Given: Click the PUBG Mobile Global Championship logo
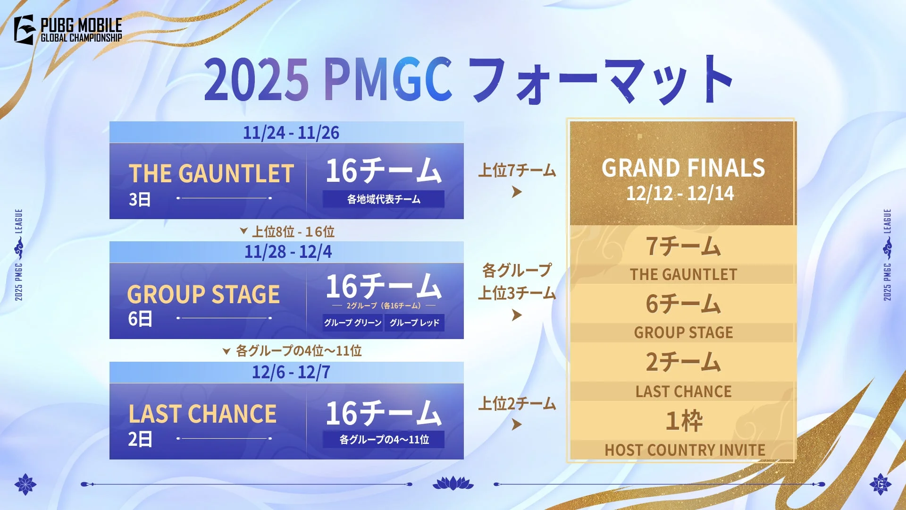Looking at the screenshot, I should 68,30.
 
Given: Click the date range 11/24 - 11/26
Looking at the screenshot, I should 291,133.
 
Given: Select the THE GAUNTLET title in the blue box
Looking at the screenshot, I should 211,173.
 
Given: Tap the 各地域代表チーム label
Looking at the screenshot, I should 384,199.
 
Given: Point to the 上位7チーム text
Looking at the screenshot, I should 517,170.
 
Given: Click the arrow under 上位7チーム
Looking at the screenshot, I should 517,192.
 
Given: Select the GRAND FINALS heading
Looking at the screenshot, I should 683,168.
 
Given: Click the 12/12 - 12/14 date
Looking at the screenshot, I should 680,194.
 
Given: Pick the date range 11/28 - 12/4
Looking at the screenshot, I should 288,252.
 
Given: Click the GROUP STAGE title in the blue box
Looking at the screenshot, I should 203,294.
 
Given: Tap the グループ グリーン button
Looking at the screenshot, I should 352,323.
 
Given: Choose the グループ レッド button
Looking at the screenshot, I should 414,323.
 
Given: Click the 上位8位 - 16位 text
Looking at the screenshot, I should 293,231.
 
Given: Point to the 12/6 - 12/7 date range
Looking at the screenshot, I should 291,372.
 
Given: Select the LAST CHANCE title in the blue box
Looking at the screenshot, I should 202,414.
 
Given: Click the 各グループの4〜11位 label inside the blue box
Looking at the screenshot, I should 384,440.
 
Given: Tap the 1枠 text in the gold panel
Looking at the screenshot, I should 683,421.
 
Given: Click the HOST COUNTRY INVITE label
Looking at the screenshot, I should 685,450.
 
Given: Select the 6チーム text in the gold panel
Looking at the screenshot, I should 683,304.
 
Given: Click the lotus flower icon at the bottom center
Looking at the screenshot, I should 453,483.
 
